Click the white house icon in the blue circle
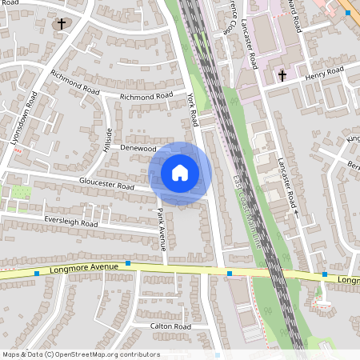[x=180, y=173]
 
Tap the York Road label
[x=192, y=110]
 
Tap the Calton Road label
[x=170, y=326]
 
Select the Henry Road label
[x=324, y=76]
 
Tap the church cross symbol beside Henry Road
[x=282, y=76]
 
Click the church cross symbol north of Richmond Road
[x=61, y=24]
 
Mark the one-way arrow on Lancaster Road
[x=295, y=214]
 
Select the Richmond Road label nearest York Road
[x=146, y=96]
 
